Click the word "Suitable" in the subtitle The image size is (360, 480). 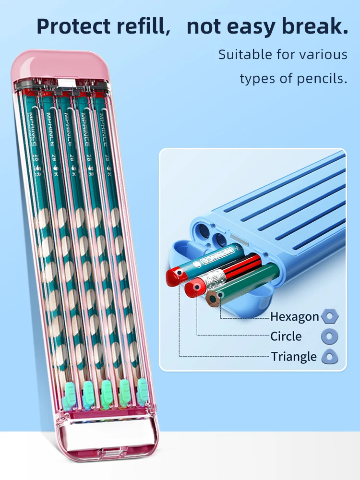coord(245,55)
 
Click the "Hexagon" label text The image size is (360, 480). coord(294,317)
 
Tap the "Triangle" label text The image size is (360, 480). coord(294,357)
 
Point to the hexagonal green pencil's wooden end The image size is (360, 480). coord(214,299)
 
